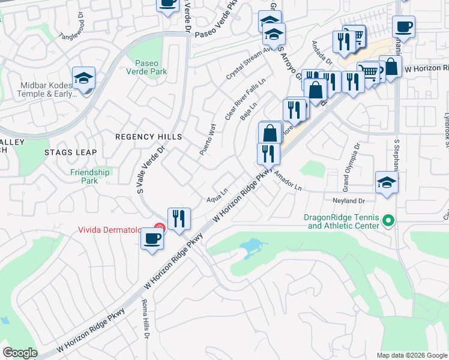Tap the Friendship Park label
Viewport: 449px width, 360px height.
(x=89, y=176)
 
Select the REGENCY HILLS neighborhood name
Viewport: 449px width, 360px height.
(x=148, y=137)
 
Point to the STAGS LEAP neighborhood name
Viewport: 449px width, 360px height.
(x=70, y=152)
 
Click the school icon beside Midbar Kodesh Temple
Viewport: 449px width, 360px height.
(x=84, y=79)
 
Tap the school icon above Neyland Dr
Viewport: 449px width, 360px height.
(x=387, y=183)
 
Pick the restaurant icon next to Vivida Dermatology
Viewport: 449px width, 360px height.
(x=179, y=219)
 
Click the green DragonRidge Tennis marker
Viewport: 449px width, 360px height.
(x=388, y=221)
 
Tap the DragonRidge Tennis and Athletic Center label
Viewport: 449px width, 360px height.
(x=343, y=221)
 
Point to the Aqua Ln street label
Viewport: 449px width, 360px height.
(x=217, y=195)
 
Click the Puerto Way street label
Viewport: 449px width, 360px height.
(x=207, y=140)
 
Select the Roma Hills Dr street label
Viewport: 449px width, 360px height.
(x=145, y=322)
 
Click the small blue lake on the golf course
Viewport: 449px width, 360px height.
(x=253, y=247)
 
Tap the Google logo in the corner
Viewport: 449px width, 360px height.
(x=20, y=353)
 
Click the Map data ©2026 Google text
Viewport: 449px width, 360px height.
(x=411, y=355)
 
